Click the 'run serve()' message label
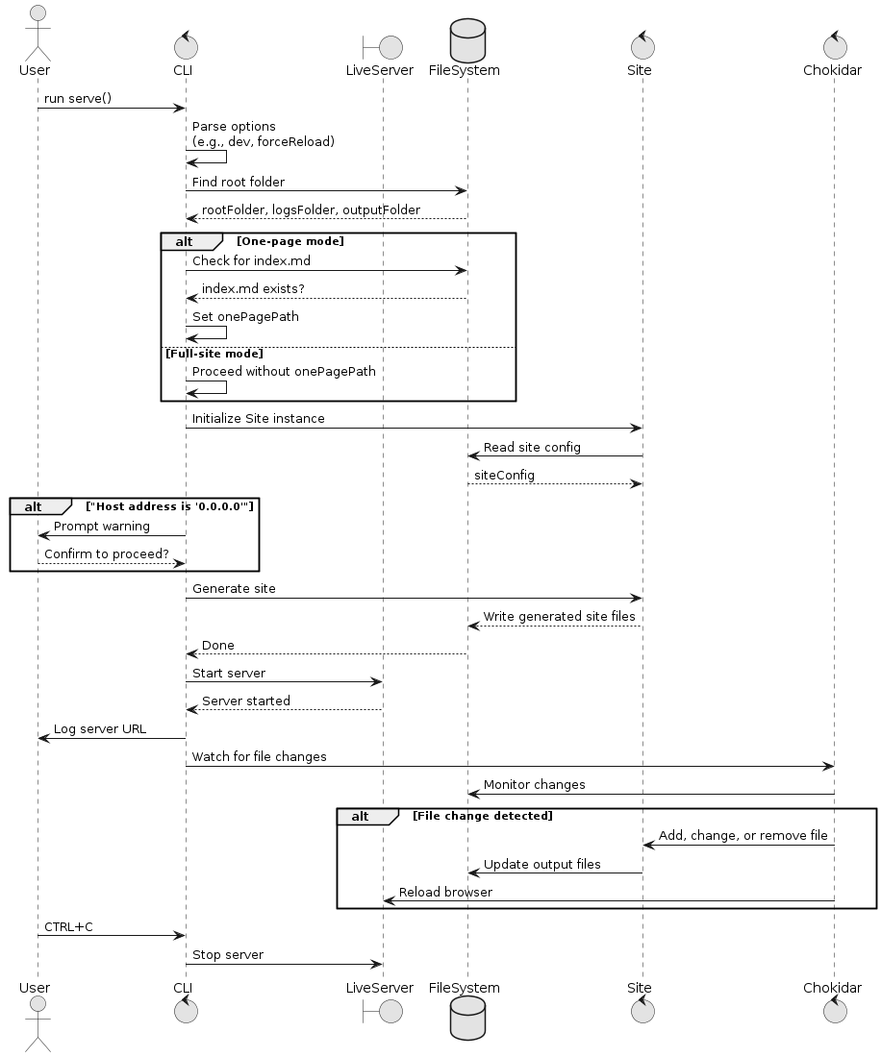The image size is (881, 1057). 78,98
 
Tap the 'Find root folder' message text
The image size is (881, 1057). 239,182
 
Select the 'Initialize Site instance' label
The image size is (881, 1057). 259,419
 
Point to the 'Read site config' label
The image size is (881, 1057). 532,448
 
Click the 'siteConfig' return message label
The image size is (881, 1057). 505,476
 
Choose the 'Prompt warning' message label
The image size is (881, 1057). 102,527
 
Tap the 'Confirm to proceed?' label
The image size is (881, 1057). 107,554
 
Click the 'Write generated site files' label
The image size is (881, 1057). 559,617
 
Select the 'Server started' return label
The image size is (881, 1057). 246,701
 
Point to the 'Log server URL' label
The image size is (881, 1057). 100,729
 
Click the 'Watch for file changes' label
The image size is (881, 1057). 259,757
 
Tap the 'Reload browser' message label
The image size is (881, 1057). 445,893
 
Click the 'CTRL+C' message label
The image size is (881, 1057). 69,927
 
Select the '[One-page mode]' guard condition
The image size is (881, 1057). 290,241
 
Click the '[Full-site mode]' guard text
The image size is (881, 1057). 214,354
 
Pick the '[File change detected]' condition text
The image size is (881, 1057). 482,817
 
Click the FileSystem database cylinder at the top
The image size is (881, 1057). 467,39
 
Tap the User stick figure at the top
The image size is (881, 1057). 38,34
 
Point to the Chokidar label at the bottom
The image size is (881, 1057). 832,988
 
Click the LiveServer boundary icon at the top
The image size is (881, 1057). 383,47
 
